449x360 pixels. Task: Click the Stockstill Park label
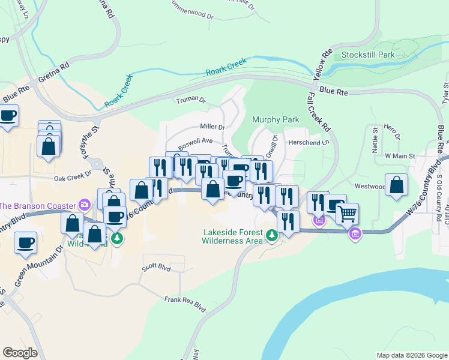tap(367, 55)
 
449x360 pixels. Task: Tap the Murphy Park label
tap(275, 120)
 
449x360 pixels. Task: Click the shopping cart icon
tap(347, 212)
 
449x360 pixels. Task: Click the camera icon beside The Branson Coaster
tap(85, 205)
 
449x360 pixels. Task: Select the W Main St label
tap(400, 156)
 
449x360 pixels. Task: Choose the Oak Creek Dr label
tap(71, 178)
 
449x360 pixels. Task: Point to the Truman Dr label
tap(190, 100)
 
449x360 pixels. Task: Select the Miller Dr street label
tap(212, 127)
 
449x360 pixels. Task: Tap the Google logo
tap(20, 352)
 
